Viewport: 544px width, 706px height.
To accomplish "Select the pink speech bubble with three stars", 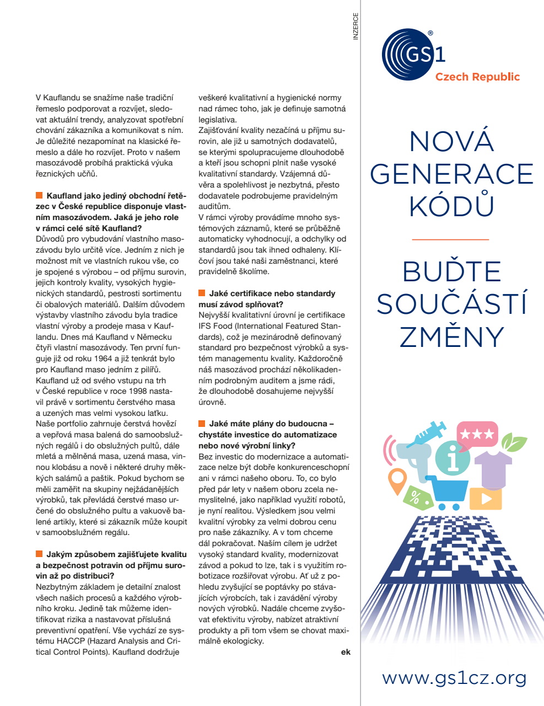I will tap(477, 435).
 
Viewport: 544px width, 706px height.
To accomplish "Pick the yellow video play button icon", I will tap(486, 499).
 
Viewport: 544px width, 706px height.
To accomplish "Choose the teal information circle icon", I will tap(453, 457).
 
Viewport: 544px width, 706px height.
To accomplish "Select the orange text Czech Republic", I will tap(477, 77).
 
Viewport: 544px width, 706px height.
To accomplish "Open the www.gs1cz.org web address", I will tap(454, 677).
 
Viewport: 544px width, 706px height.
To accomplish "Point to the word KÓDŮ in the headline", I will tap(451, 205).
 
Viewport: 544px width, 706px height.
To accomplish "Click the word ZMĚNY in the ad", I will tap(452, 336).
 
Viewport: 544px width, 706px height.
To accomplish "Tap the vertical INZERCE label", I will tap(356, 26).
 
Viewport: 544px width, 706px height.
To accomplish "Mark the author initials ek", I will tap(346, 652).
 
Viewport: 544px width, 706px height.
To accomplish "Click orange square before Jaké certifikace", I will tap(202, 293).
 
